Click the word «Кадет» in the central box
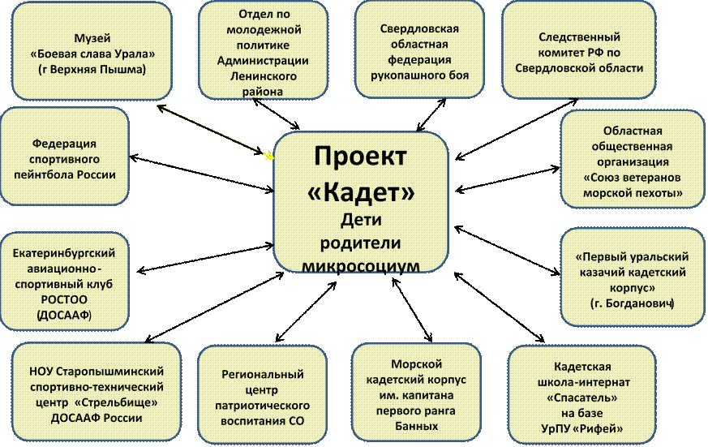[361, 192]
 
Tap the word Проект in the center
[360, 157]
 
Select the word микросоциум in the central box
[361, 265]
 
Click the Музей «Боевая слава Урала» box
[92, 51]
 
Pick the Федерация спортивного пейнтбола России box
[65, 157]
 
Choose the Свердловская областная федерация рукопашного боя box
[419, 49]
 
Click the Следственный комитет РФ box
[579, 50]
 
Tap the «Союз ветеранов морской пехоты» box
[633, 159]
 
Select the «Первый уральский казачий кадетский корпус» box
[633, 277]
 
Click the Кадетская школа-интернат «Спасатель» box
[582, 395]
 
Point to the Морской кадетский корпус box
[416, 393]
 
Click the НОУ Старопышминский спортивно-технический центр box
[97, 393]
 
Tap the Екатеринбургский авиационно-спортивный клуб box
[65, 282]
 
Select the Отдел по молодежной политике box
[264, 49]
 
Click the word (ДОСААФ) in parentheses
[64, 315]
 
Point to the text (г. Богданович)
[632, 303]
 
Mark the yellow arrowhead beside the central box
[269, 156]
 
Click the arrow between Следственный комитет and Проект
[517, 129]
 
